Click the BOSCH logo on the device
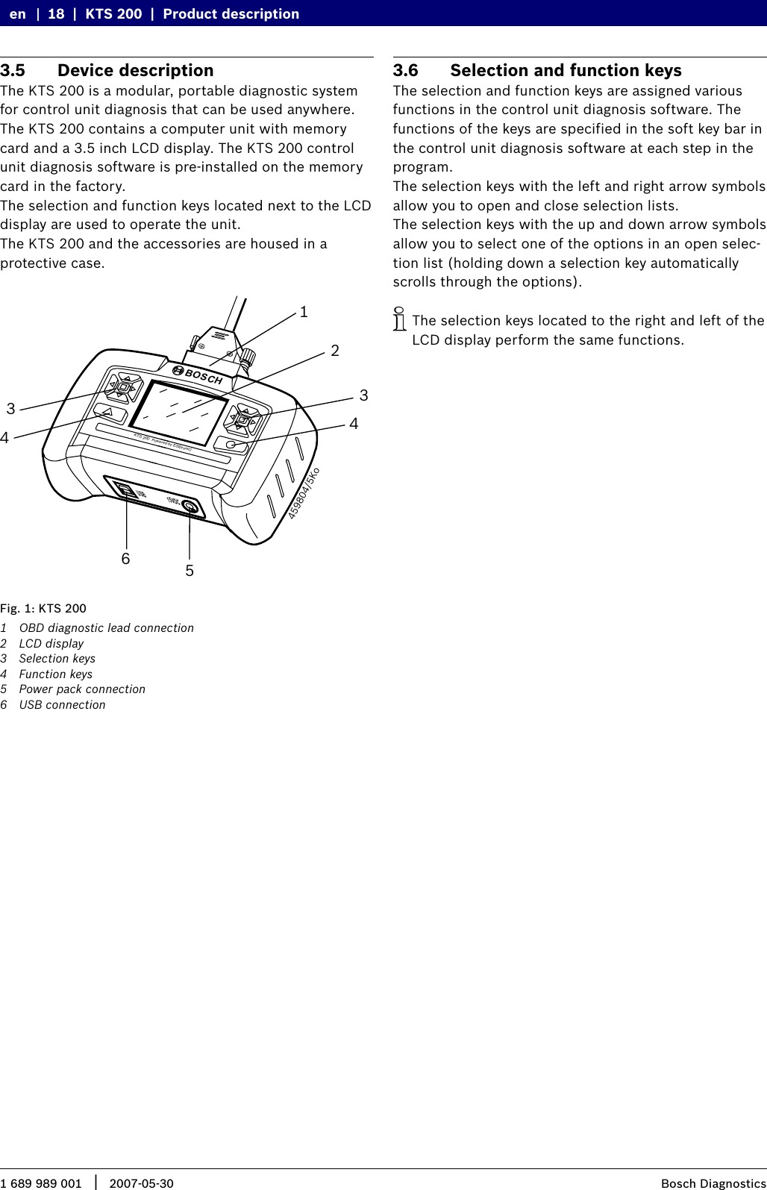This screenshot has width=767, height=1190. point(198,375)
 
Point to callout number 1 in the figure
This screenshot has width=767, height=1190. point(304,312)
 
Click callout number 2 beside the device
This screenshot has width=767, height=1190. point(335,351)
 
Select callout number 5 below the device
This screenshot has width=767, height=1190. point(190,571)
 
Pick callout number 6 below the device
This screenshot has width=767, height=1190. point(125,559)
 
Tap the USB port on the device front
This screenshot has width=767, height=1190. point(125,491)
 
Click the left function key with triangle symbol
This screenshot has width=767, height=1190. point(109,413)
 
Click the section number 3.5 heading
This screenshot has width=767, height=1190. point(13,70)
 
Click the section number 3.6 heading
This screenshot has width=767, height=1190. point(406,70)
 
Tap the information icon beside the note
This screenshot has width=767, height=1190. point(400,319)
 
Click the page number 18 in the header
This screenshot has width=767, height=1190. point(56,13)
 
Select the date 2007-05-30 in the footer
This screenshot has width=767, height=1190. point(141,1183)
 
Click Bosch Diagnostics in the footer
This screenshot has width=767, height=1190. point(713,1183)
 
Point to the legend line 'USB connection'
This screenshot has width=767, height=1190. point(62,704)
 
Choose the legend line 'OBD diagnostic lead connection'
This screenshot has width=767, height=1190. point(106,627)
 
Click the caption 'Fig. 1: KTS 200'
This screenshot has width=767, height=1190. point(43,608)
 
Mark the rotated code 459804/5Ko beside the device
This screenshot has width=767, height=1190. point(304,493)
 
